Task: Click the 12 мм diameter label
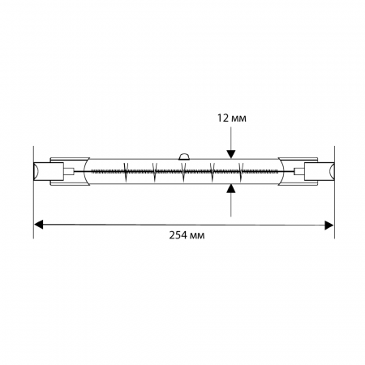click(x=232, y=118)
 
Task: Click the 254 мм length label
click(x=187, y=235)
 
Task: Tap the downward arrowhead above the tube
click(x=231, y=154)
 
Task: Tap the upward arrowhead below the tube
click(x=230, y=188)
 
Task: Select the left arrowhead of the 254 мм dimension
click(x=39, y=225)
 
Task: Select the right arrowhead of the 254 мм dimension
click(x=328, y=225)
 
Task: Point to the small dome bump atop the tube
click(x=184, y=157)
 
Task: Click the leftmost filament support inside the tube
click(x=126, y=172)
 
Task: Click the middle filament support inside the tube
click(x=183, y=172)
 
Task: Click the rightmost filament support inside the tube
click(x=241, y=172)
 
